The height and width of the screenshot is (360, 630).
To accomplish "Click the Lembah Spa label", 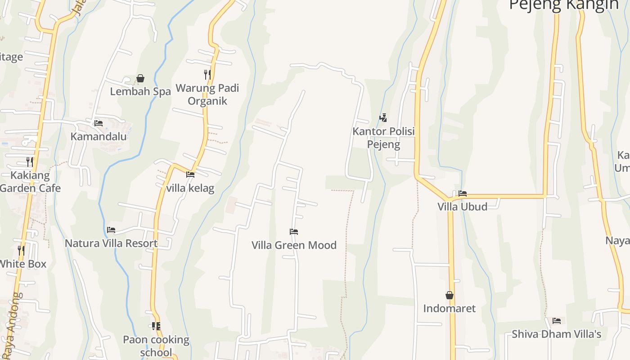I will coord(140,91).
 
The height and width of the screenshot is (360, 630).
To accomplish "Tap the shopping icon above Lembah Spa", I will coord(140,78).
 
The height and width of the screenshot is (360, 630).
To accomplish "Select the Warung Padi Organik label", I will coord(207,94).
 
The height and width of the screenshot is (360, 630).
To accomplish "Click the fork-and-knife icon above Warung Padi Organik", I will coord(207,74).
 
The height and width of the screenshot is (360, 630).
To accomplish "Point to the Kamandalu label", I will coord(99,136).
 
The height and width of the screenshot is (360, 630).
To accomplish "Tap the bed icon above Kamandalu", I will coord(99,123).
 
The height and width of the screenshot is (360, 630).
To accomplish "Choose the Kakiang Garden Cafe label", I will coord(30,181).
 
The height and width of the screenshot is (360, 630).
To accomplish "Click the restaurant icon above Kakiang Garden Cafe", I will coord(30,162).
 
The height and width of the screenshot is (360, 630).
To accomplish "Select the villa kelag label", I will coord(190,188).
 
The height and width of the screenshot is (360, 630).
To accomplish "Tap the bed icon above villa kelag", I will coord(190,174).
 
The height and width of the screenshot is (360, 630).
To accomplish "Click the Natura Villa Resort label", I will coord(111,243).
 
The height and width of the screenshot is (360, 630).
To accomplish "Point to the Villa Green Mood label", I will coord(294,245).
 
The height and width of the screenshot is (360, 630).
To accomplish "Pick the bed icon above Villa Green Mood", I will coord(294,232).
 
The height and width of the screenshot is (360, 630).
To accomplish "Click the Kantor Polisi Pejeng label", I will coord(383,138).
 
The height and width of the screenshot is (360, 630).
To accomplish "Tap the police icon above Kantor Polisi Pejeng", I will coord(383,118).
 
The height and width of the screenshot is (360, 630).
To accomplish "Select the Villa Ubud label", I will coord(463,207).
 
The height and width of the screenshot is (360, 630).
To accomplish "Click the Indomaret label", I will coord(449,308).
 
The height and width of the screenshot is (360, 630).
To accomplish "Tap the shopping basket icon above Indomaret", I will coord(449,295).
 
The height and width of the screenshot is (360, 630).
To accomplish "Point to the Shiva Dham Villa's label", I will coord(557,334).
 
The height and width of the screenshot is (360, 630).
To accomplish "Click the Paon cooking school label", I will coord(156,346).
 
